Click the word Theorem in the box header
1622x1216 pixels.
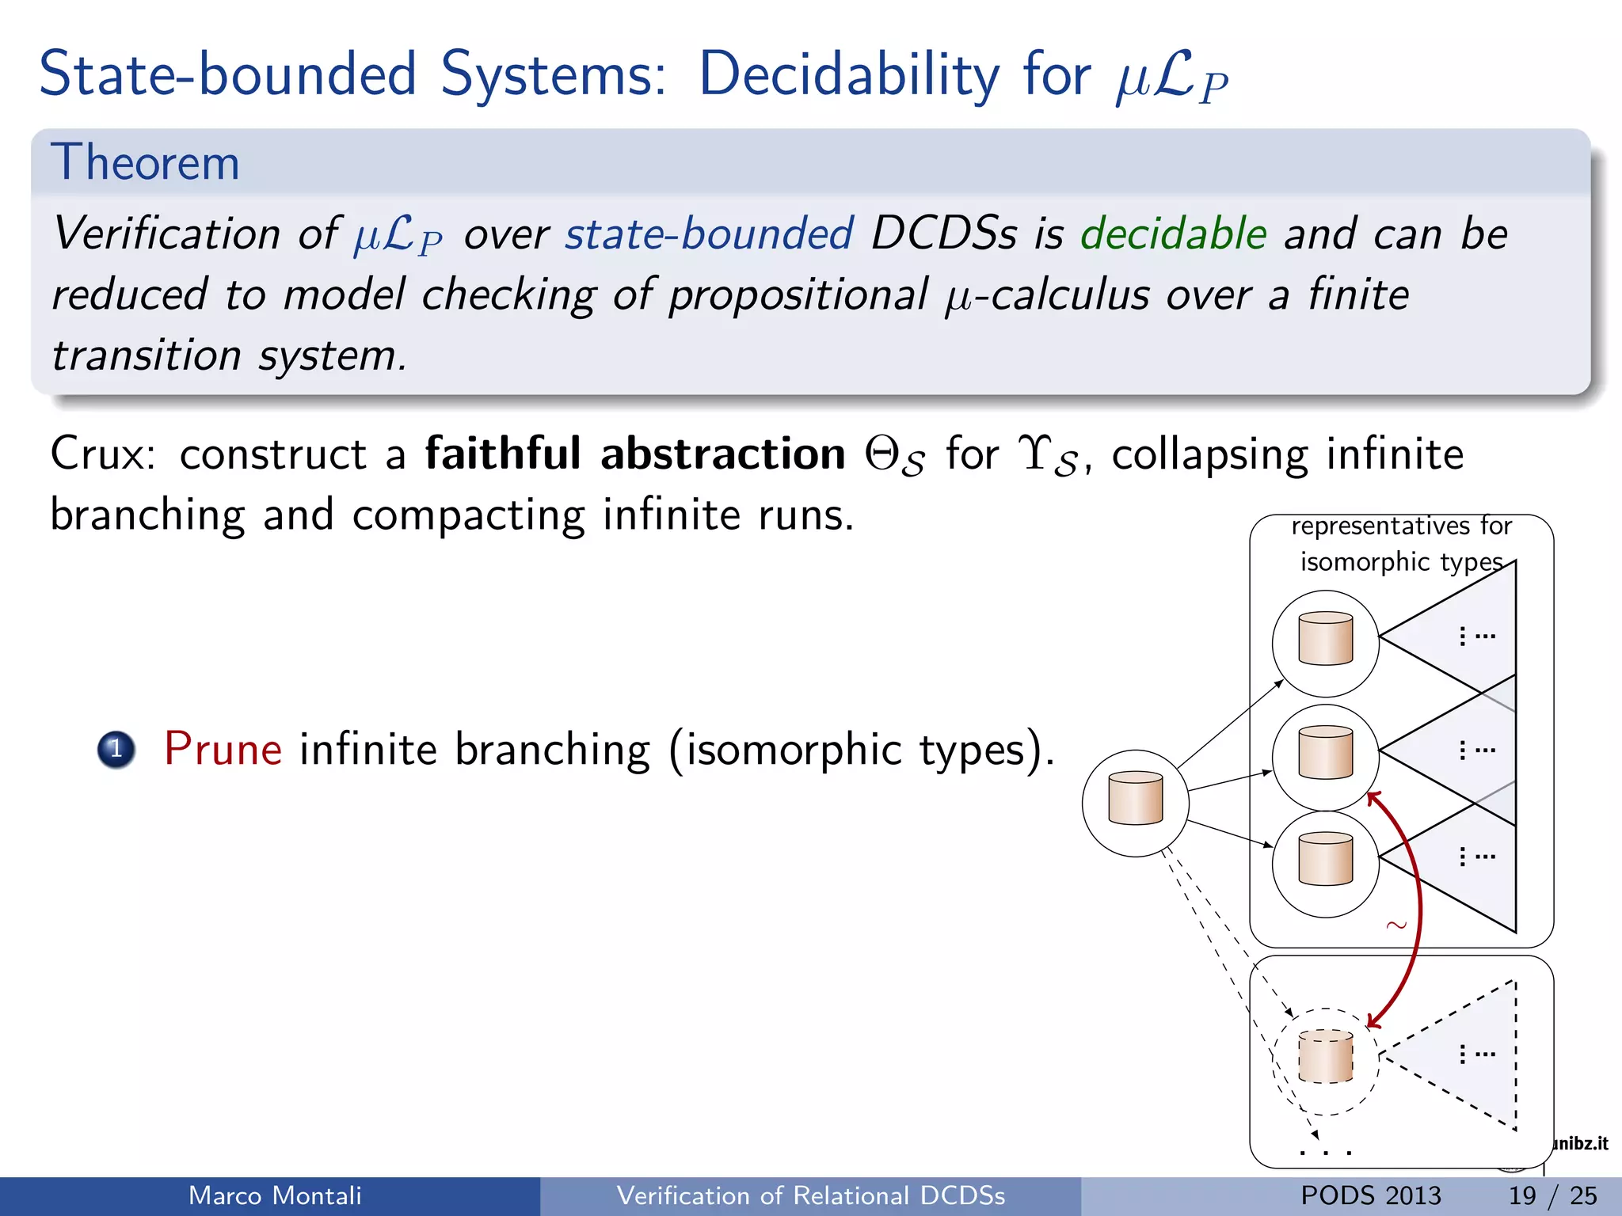(145, 163)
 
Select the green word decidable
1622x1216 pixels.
(1174, 234)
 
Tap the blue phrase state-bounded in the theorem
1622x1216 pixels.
(709, 234)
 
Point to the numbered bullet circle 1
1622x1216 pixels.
(116, 749)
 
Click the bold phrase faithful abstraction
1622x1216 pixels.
(635, 454)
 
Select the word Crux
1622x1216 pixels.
(101, 454)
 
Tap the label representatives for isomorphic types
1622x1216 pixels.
(1401, 544)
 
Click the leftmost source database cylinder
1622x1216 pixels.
(1135, 799)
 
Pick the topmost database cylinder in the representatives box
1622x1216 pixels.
(1325, 638)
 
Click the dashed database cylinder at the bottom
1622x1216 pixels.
(1325, 1056)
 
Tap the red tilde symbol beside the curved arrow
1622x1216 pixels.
(1396, 925)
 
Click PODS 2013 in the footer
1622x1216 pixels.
(1370, 1195)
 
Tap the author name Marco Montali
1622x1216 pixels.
(275, 1195)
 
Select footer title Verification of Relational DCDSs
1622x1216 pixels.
(810, 1195)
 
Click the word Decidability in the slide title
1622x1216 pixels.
(849, 74)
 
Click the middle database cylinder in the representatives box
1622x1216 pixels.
(1325, 752)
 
